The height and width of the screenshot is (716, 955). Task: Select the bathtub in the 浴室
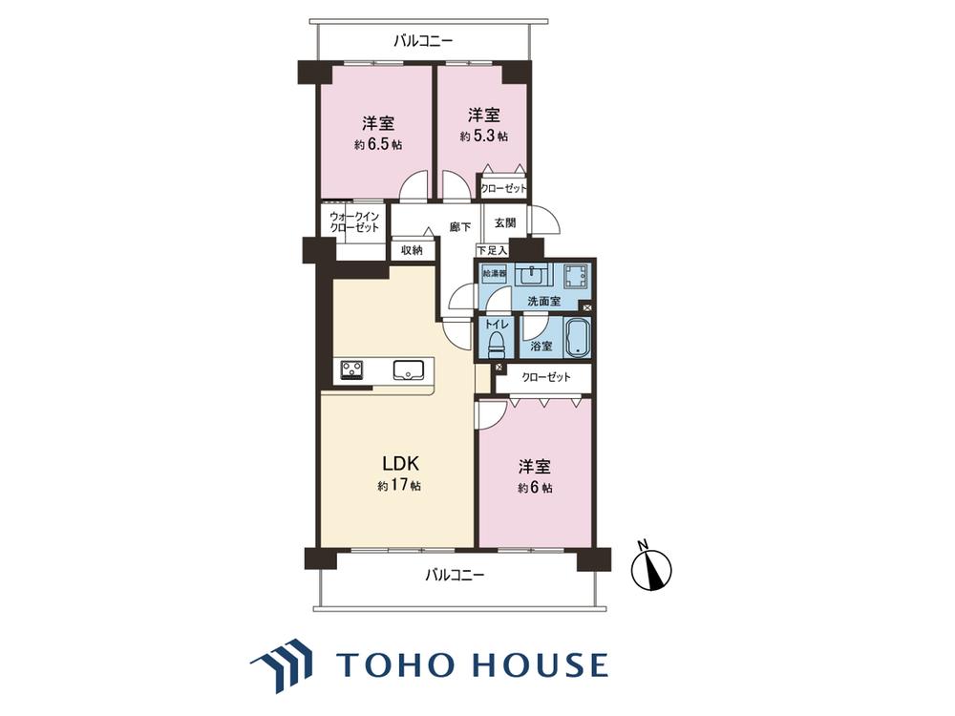pos(577,337)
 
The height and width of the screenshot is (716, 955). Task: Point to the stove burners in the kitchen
pos(351,369)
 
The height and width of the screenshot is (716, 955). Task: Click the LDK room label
pos(400,464)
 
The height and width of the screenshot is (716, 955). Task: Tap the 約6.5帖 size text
pos(378,145)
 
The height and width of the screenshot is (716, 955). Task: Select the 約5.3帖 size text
pos(483,137)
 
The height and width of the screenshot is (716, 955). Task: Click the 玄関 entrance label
pos(505,222)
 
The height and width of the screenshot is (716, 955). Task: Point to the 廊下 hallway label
pos(460,227)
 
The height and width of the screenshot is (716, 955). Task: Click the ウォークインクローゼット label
pos(354,221)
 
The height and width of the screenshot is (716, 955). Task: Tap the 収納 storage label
pos(412,249)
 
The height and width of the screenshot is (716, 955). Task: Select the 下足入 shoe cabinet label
pos(492,250)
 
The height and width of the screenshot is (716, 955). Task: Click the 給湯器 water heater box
pos(494,273)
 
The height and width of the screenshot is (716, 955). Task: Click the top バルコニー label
pos(423,41)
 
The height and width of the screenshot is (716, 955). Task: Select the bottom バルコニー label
pos(455,574)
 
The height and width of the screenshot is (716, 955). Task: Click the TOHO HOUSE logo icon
pos(281,665)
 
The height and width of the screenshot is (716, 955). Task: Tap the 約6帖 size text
pos(536,488)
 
